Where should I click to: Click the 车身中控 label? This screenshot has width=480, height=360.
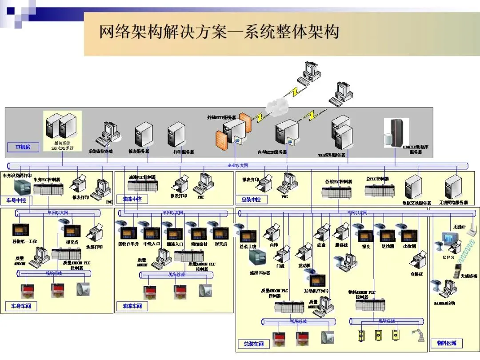point(16,200)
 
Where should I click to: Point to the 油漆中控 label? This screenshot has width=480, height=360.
point(132,199)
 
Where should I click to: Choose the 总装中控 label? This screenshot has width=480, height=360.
point(251,200)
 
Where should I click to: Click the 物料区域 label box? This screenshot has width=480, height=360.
point(447,343)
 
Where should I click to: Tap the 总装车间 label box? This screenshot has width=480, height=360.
point(254,344)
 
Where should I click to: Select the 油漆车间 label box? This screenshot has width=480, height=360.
point(132,306)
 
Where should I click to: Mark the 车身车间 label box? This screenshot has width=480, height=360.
point(21,306)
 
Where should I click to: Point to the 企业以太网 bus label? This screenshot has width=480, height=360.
point(238,166)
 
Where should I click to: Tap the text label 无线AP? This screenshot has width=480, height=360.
point(458,227)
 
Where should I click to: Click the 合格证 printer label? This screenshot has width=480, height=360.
point(416,274)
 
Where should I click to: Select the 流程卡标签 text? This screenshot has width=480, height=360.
point(260,273)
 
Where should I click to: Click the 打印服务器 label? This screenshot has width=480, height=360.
point(184,152)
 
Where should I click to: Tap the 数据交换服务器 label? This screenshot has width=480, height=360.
point(417,203)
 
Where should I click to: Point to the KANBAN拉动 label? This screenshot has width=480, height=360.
point(444,303)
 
